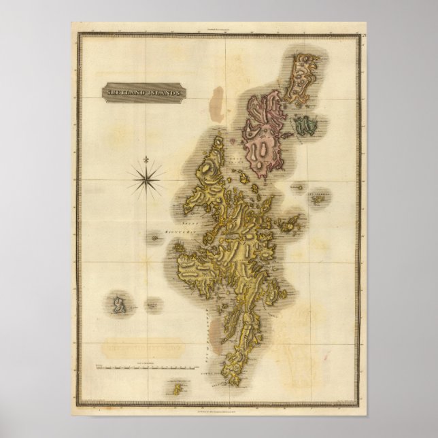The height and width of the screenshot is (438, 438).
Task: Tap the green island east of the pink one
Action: click(307, 124)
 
